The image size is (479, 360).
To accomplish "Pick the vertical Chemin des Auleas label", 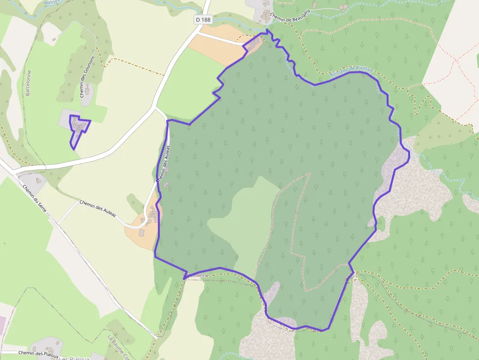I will click(x=163, y=163).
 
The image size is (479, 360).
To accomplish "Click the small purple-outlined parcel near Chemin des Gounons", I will click(x=78, y=128).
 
